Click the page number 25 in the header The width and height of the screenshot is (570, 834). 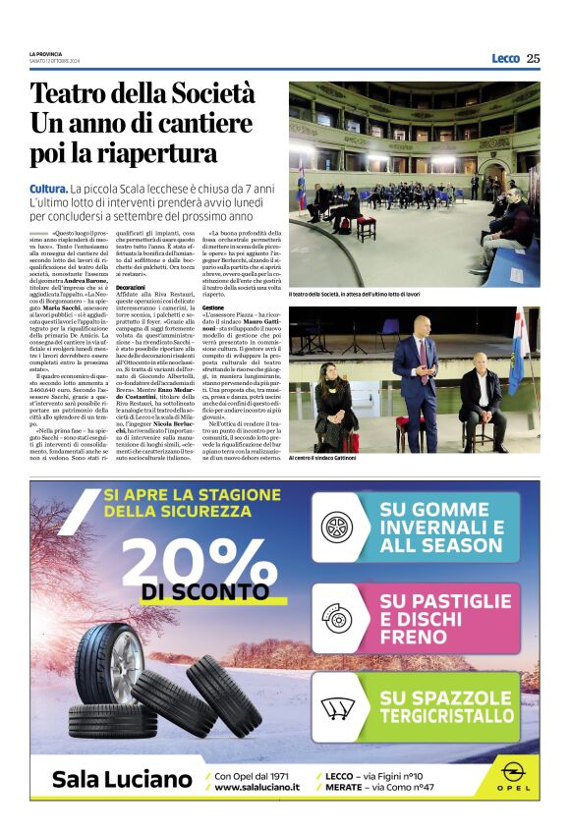pos(533,59)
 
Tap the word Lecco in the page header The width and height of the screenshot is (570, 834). pos(505,59)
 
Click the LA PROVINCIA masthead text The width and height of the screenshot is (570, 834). pos(46,53)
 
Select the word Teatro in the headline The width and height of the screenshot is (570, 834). pos(73,96)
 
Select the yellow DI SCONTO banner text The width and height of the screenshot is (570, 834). pos(205,592)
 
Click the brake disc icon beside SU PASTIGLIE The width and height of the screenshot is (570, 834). pos(337,619)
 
